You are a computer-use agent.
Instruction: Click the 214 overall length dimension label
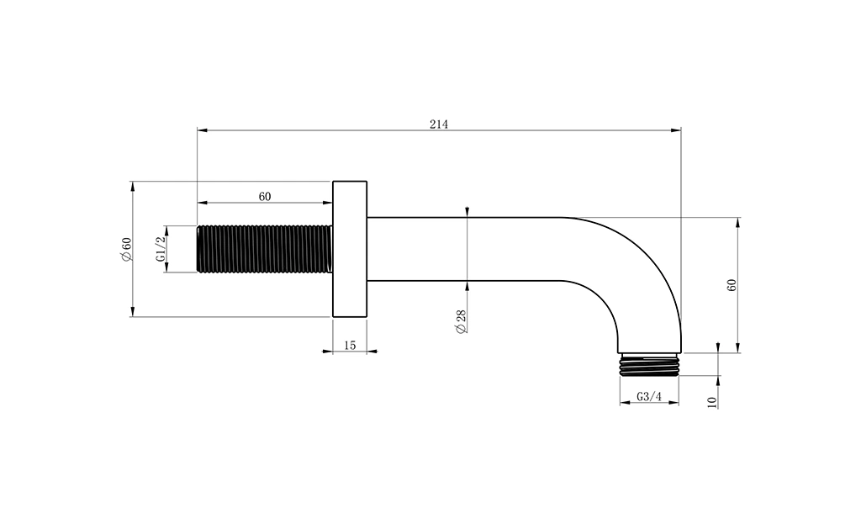[439, 124]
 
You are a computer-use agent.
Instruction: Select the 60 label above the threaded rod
[265, 197]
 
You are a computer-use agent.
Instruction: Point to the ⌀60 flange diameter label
[127, 249]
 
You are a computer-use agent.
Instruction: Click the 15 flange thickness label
[350, 346]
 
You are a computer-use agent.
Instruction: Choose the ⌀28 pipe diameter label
[460, 321]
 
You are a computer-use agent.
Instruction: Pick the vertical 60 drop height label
[731, 285]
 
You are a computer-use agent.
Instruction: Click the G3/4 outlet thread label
[650, 397]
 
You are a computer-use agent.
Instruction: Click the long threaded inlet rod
[265, 248]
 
